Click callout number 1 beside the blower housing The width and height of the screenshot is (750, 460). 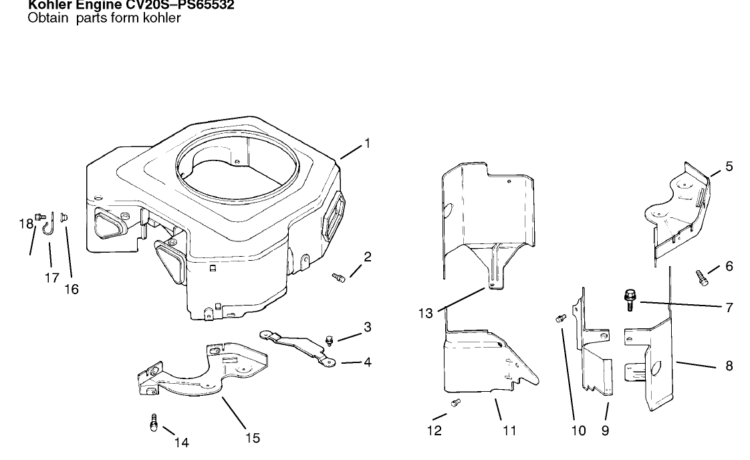click(367, 143)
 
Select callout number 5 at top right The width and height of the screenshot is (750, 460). click(729, 166)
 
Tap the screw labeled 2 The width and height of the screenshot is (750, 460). click(338, 277)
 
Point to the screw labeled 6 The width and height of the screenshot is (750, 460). click(701, 277)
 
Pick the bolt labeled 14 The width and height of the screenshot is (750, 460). click(154, 423)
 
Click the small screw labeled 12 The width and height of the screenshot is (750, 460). click(457, 402)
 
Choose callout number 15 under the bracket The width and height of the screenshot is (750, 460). click(253, 439)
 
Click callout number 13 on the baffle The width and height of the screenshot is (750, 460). click(426, 312)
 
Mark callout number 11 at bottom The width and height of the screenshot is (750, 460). click(509, 431)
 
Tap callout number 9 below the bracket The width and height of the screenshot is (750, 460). click(605, 431)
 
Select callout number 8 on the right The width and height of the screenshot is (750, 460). click(729, 366)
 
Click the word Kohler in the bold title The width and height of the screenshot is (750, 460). click(48, 7)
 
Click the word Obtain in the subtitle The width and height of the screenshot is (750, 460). click(47, 18)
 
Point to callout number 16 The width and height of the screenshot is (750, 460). click(71, 289)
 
